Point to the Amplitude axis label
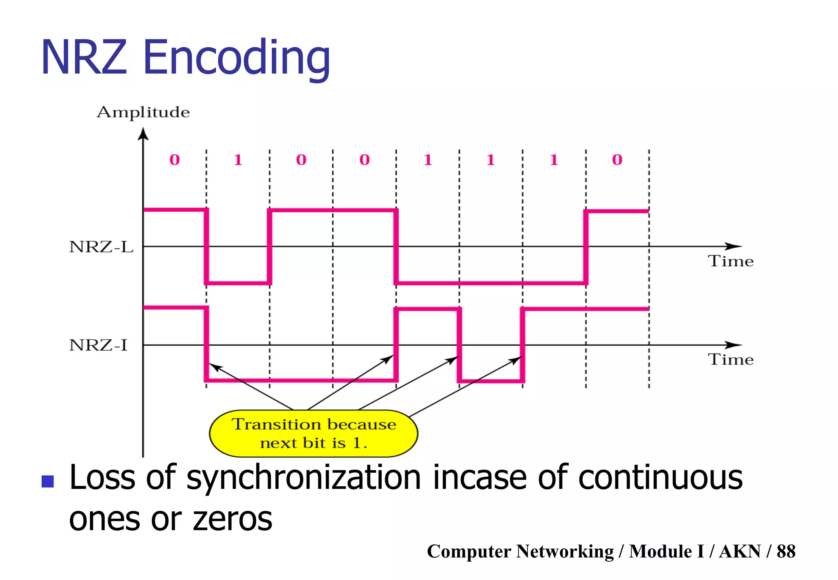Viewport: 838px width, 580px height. tap(143, 112)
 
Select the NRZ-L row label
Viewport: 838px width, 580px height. tap(101, 247)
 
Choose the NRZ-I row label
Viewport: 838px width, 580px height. tap(98, 345)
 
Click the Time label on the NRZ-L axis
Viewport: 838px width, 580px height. tap(731, 261)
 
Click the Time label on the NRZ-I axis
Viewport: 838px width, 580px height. tap(731, 360)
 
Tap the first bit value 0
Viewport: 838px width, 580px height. tap(175, 160)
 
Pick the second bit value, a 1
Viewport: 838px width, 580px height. tap(238, 160)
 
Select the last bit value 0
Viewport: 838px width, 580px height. tap(617, 160)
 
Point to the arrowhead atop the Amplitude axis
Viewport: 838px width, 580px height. tap(143, 134)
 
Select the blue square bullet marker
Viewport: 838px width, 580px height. tap(48, 481)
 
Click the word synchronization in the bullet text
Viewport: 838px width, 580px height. tap(304, 478)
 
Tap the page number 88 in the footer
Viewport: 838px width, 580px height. tap(786, 551)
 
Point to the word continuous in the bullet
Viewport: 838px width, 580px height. tap(660, 478)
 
